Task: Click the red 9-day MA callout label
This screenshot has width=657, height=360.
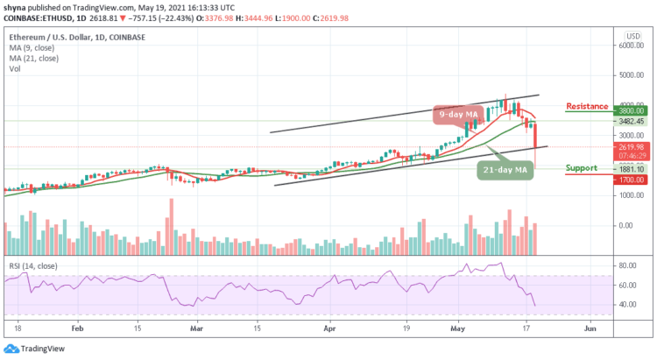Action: click(457, 113)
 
